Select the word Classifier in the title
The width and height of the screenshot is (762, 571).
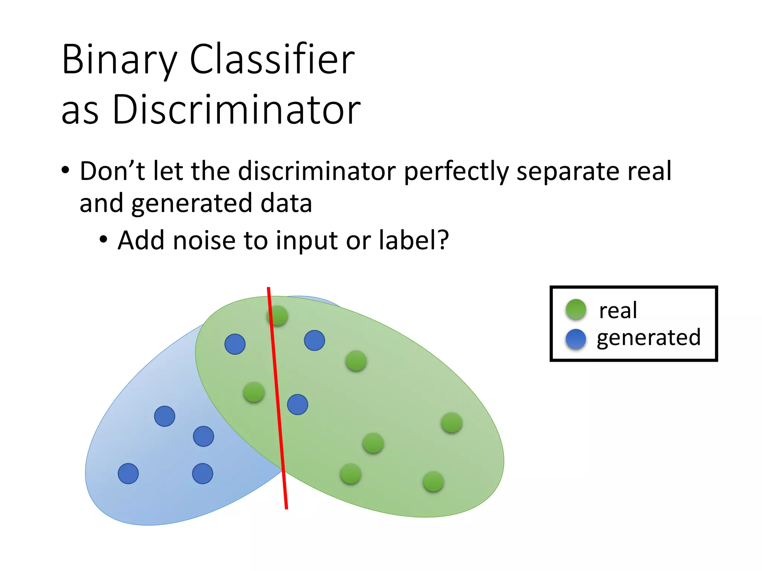click(272, 59)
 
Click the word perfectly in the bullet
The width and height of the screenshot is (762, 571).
click(456, 171)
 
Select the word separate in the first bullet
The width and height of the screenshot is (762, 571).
click(568, 171)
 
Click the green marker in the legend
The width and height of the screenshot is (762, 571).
click(576, 309)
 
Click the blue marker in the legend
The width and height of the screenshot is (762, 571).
click(576, 339)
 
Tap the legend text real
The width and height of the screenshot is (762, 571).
click(618, 310)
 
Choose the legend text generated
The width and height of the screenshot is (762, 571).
click(649, 338)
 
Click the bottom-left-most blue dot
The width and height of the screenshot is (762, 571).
click(128, 474)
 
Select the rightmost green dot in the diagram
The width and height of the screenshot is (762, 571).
click(452, 423)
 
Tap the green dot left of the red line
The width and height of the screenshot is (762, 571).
click(254, 392)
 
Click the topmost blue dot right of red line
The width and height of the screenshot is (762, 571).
click(314, 341)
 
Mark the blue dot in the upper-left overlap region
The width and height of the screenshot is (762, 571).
click(235, 344)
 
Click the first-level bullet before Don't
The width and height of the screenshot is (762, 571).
click(65, 171)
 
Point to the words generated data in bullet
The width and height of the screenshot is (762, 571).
click(221, 204)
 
